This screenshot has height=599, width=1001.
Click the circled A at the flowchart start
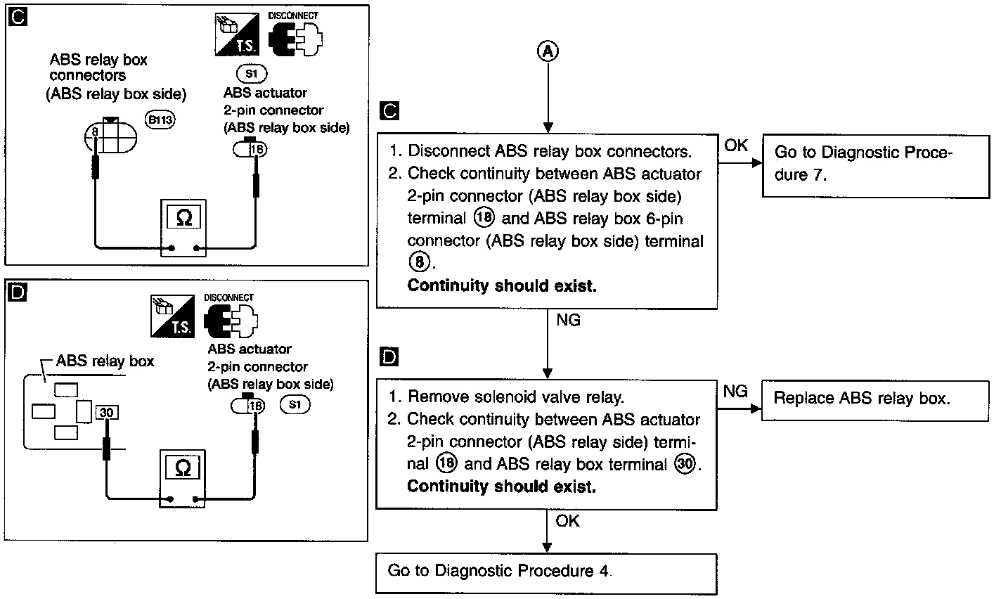pyautogui.click(x=548, y=51)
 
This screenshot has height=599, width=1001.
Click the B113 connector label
pyautogui.click(x=160, y=120)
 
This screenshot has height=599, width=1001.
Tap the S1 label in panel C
pyautogui.click(x=252, y=74)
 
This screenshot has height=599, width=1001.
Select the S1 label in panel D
pyautogui.click(x=295, y=404)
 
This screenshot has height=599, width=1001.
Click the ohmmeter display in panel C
pyautogui.click(x=183, y=218)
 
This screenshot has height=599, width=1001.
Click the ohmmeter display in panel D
pyautogui.click(x=182, y=468)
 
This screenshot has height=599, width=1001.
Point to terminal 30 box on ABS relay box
pyautogui.click(x=107, y=412)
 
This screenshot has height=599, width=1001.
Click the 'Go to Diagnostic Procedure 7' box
pyautogui.click(x=876, y=167)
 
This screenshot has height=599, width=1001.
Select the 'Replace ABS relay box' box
pyautogui.click(x=875, y=401)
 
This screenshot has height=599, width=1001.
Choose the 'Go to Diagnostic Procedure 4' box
pyautogui.click(x=546, y=574)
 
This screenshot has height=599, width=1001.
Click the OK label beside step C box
pyautogui.click(x=736, y=146)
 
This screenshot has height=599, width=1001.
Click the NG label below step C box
pyautogui.click(x=569, y=320)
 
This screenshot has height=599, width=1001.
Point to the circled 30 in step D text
pyautogui.click(x=685, y=463)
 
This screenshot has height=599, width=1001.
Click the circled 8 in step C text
pyautogui.click(x=419, y=262)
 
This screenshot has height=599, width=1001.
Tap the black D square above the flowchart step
pyautogui.click(x=389, y=356)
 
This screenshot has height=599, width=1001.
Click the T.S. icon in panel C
pyautogui.click(x=237, y=34)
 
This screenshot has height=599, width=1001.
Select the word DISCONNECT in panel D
pyautogui.click(x=228, y=297)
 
